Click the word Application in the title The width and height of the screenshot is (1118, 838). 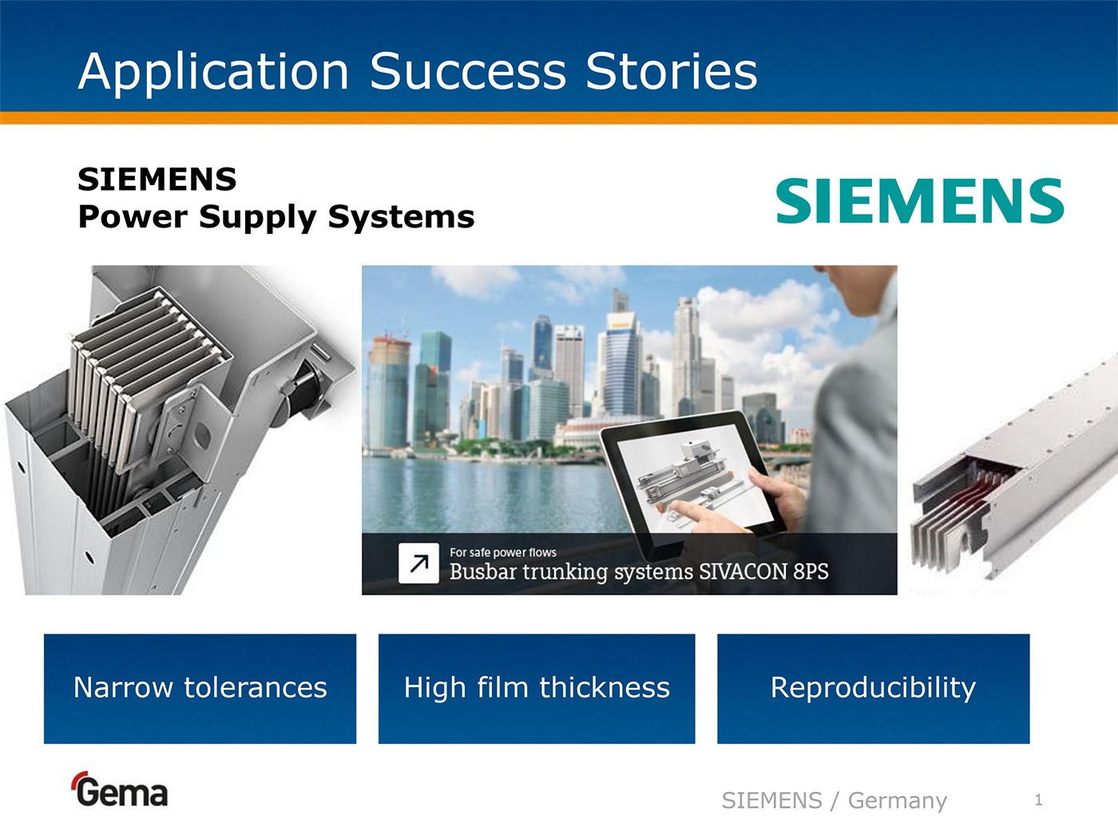[x=213, y=73]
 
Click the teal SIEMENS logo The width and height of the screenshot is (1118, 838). [x=919, y=200]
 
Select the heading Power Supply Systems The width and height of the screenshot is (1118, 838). [x=276, y=217]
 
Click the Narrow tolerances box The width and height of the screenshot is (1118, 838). [x=200, y=689]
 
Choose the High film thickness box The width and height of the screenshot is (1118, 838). [x=537, y=689]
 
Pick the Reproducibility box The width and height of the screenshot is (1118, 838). [x=873, y=689]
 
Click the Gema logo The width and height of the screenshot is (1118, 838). [x=120, y=789]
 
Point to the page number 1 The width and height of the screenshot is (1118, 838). [x=1039, y=800]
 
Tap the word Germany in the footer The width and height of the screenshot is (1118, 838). [x=898, y=800]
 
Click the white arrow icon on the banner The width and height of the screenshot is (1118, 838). [x=418, y=563]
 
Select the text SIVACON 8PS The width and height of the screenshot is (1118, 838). [x=763, y=572]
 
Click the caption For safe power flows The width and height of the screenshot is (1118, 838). [x=503, y=552]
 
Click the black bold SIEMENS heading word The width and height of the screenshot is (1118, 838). [x=157, y=180]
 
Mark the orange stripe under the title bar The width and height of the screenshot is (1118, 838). [x=559, y=118]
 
